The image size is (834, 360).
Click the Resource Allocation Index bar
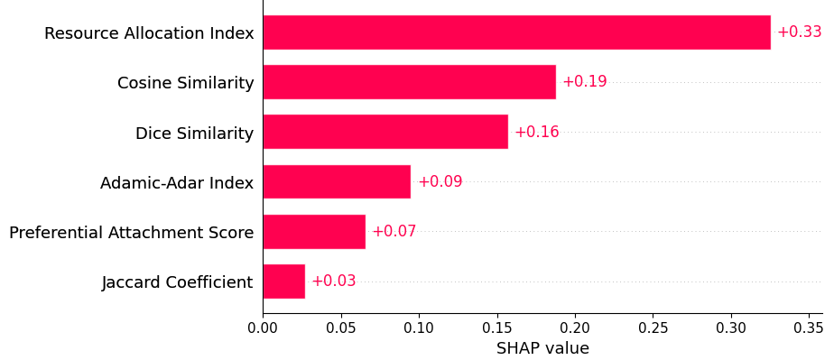coord(516,32)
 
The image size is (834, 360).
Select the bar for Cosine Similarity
coord(409,82)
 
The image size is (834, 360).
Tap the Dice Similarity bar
coord(385,132)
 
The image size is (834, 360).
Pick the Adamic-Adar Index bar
coord(337,181)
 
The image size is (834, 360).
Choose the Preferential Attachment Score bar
coord(314,232)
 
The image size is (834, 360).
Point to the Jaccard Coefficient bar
coord(283,282)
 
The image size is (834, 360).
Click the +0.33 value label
coord(799,32)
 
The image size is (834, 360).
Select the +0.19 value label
coord(584,82)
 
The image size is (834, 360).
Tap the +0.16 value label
coord(536,132)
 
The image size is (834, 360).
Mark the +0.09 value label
coord(440,181)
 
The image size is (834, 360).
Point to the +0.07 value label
coord(394,232)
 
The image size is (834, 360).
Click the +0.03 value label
coord(333,282)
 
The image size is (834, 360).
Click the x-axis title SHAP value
coord(542,348)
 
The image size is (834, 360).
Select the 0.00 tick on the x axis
coord(263,327)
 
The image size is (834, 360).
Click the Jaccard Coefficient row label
coord(177,282)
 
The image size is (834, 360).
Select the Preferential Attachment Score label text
coord(131,233)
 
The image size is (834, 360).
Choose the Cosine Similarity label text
coord(185,83)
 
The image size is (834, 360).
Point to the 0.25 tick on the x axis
coord(653,327)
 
